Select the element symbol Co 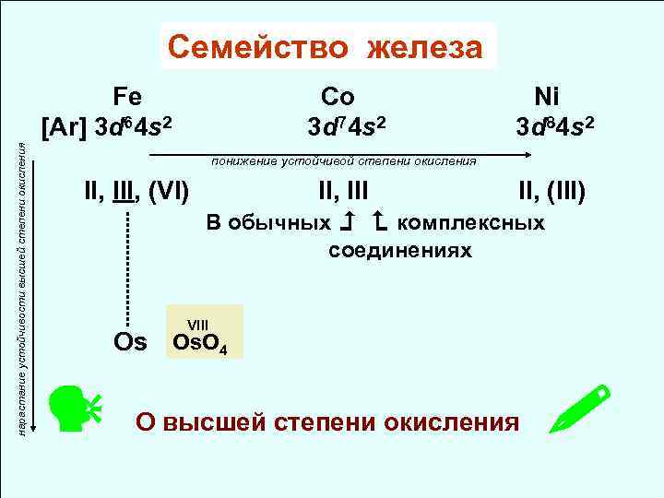click(338, 96)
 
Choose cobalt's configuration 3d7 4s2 click(348, 124)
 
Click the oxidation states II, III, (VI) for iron click(136, 193)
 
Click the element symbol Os click(130, 342)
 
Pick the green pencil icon click(580, 409)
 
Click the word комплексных click(476, 223)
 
